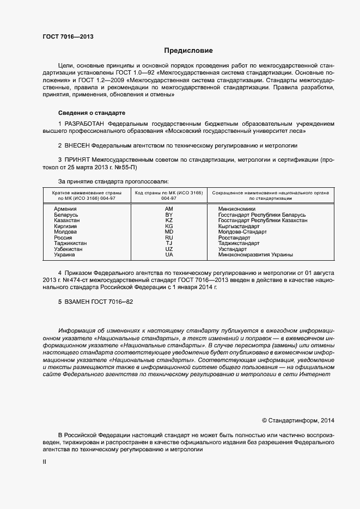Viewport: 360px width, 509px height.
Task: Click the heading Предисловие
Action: click(188, 51)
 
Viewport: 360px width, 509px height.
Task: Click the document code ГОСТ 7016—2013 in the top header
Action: click(68, 37)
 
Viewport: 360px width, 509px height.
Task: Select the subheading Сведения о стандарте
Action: click(91, 113)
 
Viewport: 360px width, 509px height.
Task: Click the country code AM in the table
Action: click(169, 209)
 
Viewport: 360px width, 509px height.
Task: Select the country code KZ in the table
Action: click(169, 220)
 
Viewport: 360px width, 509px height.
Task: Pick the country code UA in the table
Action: click(169, 255)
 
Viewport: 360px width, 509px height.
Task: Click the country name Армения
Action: click(65, 209)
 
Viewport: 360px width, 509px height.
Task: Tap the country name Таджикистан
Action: click(70, 243)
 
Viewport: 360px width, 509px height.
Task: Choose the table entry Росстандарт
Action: click(234, 238)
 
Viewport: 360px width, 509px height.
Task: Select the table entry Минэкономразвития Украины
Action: click(255, 255)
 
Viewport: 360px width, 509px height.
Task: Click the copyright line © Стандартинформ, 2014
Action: click(298, 420)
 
